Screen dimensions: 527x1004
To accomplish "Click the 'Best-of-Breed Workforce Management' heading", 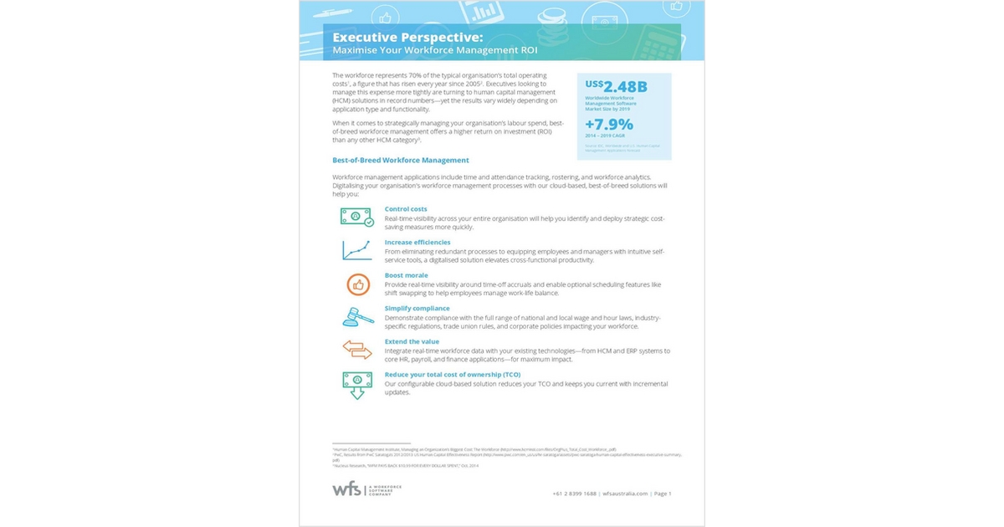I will pos(400,160).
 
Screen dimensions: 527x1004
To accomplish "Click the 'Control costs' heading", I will pos(406,208).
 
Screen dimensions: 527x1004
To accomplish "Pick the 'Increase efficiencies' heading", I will pos(417,242).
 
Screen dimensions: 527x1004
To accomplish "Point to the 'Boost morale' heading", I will pos(406,275).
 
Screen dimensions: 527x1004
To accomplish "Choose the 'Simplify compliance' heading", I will pos(417,309).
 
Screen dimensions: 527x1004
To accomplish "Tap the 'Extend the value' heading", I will pos(412,341).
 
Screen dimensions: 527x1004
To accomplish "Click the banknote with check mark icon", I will pos(356,217).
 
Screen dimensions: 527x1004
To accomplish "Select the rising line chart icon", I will pos(356,250).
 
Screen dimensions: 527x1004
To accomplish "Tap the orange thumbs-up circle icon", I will pos(358,284).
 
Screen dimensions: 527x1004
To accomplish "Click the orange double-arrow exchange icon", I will pos(356,349).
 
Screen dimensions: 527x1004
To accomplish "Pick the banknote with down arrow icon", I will pos(356,383).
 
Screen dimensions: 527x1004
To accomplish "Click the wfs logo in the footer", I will pos(346,489).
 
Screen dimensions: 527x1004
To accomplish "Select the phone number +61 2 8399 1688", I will pos(575,494).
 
